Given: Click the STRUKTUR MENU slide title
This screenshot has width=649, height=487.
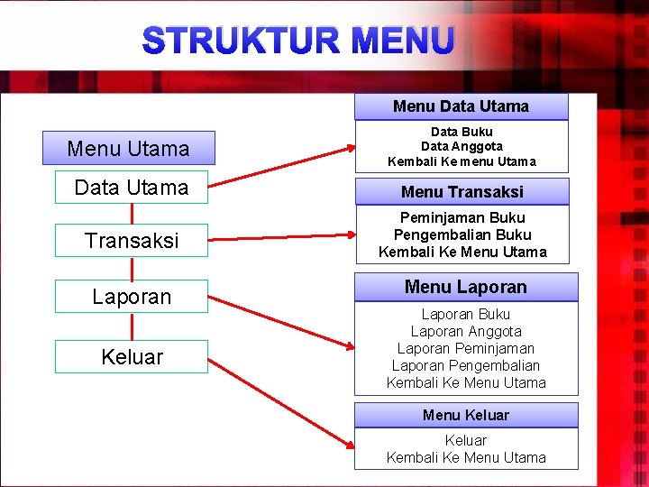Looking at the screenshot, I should click(298, 41).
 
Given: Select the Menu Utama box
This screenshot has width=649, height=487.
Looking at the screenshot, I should click(129, 148).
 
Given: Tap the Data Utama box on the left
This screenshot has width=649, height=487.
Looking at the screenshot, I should click(132, 188).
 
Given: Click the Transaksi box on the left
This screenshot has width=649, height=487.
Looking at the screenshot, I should click(132, 241).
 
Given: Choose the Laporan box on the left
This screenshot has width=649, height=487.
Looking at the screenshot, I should click(132, 297).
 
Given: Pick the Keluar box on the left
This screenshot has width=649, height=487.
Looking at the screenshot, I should click(132, 356).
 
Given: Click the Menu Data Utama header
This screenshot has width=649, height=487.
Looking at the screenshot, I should click(461, 106).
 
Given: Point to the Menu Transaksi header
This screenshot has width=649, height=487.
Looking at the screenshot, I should click(462, 192).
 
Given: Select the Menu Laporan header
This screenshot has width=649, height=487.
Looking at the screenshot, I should click(465, 287).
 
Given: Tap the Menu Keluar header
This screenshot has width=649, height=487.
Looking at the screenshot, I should click(465, 415).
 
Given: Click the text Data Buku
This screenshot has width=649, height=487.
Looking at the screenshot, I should click(462, 131).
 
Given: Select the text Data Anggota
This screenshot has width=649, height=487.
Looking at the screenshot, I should click(462, 146).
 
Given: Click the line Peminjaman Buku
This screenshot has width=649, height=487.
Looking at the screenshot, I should click(462, 217).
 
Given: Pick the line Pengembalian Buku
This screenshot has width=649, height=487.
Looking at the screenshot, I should click(462, 234).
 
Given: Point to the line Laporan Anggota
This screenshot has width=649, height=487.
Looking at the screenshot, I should click(465, 331).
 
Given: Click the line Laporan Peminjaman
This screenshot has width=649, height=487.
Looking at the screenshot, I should click(465, 348).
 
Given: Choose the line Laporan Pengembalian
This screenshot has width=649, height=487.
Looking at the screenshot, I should click(465, 365).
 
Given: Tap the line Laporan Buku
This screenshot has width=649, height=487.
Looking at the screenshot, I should click(465, 314).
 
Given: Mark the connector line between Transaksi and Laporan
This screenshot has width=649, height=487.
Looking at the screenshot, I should click(133, 268).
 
